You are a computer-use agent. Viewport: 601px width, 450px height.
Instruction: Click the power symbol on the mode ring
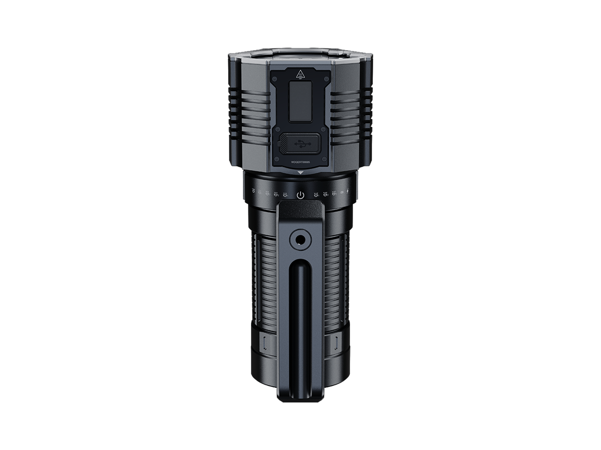coord(300,195)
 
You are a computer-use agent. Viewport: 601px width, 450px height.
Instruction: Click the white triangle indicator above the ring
coord(300,173)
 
